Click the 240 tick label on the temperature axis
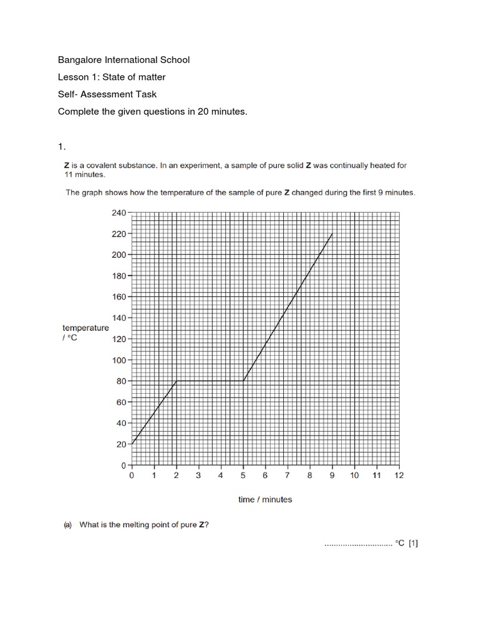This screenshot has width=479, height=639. (x=119, y=213)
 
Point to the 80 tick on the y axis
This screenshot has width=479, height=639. (x=120, y=381)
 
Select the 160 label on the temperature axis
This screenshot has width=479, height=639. (x=119, y=296)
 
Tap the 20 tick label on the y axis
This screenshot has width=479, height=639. (x=120, y=444)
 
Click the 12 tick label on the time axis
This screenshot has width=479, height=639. (x=399, y=476)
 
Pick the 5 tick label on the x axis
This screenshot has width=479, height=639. (x=243, y=476)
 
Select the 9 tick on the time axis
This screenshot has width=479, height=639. (x=332, y=476)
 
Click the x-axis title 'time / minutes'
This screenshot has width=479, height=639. (x=265, y=499)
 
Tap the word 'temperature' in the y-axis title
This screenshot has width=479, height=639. (x=85, y=328)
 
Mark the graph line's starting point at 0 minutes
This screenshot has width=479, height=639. (x=132, y=444)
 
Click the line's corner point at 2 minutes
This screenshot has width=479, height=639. (x=177, y=381)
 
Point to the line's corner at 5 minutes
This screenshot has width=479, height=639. (x=243, y=381)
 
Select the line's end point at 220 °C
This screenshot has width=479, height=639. (x=332, y=234)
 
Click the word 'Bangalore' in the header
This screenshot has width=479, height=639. (x=79, y=60)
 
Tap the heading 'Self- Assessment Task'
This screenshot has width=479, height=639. (x=107, y=94)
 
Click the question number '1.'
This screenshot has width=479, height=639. (x=61, y=147)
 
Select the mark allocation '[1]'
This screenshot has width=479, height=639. (x=413, y=544)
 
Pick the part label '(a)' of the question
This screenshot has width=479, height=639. (x=68, y=525)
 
